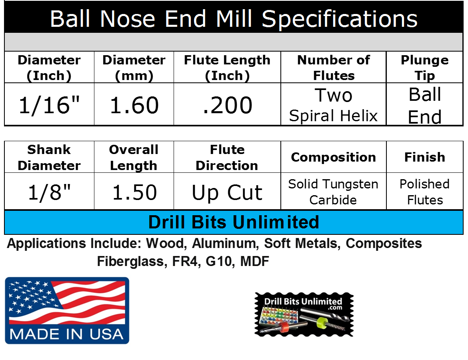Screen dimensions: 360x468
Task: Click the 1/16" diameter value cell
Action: click(x=49, y=105)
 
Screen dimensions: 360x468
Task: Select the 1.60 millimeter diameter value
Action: click(x=134, y=105)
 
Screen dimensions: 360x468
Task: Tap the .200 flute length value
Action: click(x=227, y=105)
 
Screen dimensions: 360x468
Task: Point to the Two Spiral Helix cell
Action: click(x=333, y=105)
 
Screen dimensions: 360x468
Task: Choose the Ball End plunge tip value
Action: click(x=425, y=105)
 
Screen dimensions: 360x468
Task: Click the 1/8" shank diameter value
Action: click(x=49, y=192)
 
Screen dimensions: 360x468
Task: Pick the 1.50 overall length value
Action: click(x=134, y=192)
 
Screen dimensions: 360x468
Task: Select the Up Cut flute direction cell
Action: click(x=227, y=192)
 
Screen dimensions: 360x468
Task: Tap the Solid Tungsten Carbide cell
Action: click(x=333, y=192)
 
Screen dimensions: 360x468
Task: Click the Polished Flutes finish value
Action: click(x=425, y=192)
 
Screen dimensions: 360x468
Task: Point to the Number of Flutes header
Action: click(x=333, y=68)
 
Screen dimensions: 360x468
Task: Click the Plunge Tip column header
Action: click(x=425, y=68)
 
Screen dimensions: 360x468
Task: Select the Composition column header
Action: click(x=333, y=157)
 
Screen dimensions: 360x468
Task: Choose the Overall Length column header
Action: click(x=134, y=157)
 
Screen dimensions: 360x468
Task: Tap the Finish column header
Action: click(x=425, y=157)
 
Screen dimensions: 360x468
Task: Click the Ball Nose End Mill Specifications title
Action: click(x=234, y=18)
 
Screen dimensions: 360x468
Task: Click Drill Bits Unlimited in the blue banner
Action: click(x=234, y=222)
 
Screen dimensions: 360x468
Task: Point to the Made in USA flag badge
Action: click(x=67, y=310)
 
